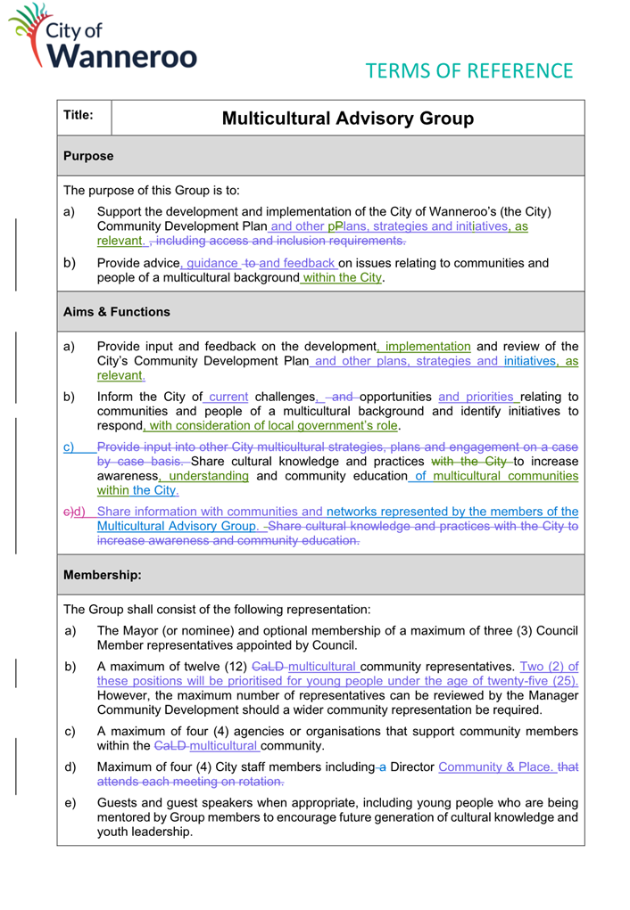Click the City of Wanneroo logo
pos(103,37)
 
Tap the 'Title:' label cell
pos(79,115)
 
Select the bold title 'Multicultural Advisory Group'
pos(347,119)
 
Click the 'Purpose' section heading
pos(88,156)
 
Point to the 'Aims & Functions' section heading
pos(116,312)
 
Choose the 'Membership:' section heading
pos(102,576)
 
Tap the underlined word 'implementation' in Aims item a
pos(427,347)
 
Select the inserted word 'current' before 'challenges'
pos(228,397)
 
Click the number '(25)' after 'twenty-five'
pos(560,681)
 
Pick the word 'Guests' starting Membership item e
pos(118,803)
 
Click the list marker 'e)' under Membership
pos(71,803)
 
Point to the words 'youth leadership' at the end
pos(145,832)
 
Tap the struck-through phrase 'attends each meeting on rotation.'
pos(190,782)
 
